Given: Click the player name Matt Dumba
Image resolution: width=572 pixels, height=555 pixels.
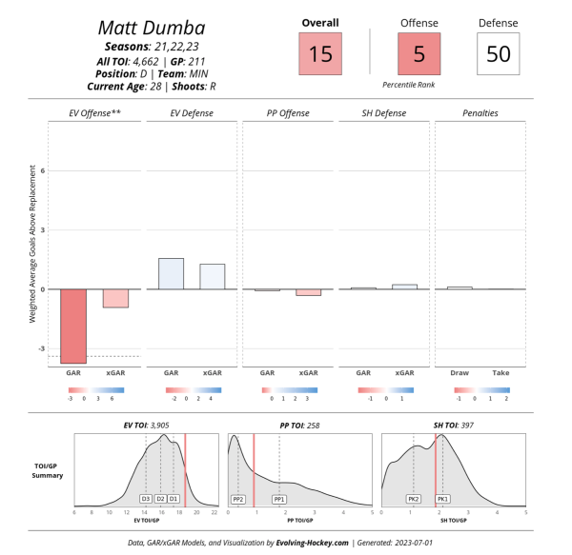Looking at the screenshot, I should pos(152,27).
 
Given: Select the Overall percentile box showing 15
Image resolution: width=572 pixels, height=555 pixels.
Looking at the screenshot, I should pos(320,53).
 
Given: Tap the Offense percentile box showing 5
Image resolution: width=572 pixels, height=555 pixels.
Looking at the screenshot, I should pos(419,53).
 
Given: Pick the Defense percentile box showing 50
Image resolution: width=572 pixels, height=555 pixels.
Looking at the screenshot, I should pos(499,53).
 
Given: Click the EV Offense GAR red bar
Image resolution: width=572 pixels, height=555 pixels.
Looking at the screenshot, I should pos(74,326).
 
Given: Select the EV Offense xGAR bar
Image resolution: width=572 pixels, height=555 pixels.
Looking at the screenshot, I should pos(115,298).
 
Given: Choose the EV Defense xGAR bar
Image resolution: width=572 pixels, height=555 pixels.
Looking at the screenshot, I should pos(212,276).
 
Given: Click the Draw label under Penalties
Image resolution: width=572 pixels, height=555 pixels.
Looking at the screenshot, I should pos(460,374).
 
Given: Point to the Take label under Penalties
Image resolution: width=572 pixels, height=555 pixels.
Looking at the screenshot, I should pos(500,374).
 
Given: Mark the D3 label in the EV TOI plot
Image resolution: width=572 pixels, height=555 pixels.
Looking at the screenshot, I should pos(146,498).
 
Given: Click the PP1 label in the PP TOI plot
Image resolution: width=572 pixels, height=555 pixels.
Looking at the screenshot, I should pos(279,498).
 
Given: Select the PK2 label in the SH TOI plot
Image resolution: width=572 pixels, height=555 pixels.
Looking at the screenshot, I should pos(413,498).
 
